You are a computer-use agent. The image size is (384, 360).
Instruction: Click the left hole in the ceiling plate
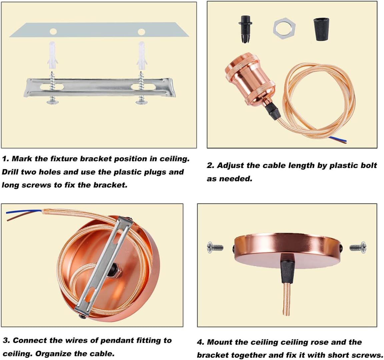pos(53,31)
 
